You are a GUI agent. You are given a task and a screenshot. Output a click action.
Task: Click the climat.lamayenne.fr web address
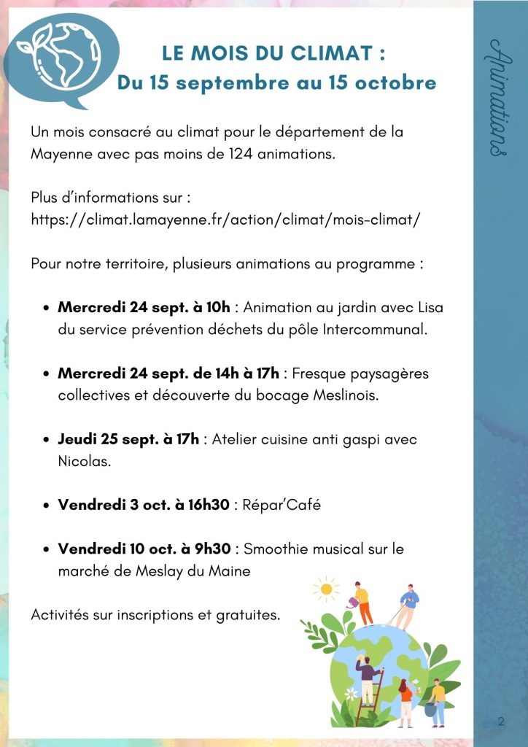pyautogui.click(x=226, y=220)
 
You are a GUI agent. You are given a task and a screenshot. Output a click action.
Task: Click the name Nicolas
pyautogui.click(x=84, y=462)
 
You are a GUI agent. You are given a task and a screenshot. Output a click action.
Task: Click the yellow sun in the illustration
pyautogui.click(x=326, y=587)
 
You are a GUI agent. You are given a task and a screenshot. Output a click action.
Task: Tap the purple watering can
pyautogui.click(x=354, y=602)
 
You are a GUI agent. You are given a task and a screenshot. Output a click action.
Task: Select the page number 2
pyautogui.click(x=501, y=721)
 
